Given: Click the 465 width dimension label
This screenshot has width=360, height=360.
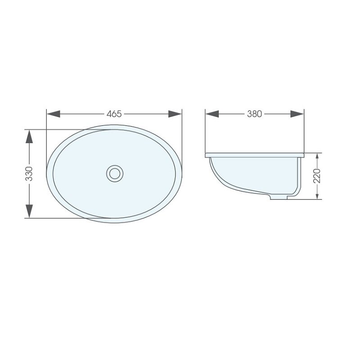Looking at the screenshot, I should (x=114, y=114).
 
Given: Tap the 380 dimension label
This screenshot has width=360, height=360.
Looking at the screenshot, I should (x=254, y=114).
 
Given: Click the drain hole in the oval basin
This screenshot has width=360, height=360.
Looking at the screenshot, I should (x=115, y=173).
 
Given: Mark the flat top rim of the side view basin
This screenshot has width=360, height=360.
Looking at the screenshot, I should (x=255, y=155).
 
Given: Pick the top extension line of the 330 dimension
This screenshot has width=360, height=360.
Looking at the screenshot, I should (x=67, y=130).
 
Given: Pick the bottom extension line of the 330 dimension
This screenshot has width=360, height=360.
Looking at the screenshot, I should (x=67, y=218).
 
